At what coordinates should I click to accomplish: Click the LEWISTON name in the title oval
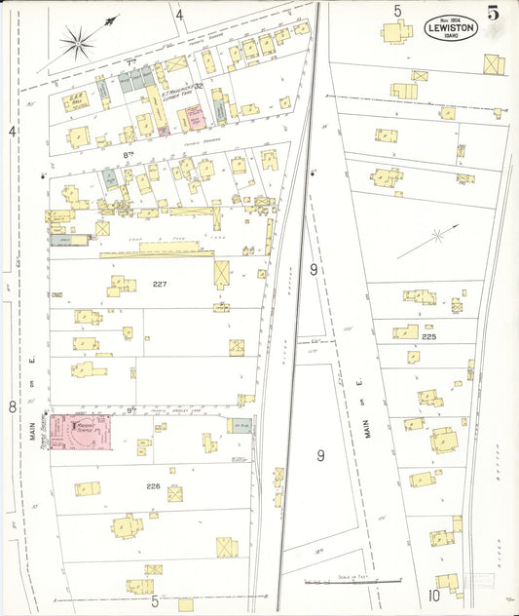click(451, 29)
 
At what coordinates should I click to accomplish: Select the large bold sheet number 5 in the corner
click(495, 13)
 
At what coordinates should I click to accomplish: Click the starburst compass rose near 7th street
click(78, 41)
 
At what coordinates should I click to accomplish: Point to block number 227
click(161, 284)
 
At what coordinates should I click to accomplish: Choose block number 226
click(153, 485)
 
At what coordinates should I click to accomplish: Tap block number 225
click(428, 336)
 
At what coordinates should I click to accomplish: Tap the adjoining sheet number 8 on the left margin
click(13, 406)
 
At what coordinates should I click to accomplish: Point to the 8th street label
click(129, 154)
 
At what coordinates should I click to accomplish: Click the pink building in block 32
click(193, 118)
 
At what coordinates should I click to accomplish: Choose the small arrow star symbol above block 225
click(437, 235)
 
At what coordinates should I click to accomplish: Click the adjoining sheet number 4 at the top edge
click(179, 14)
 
